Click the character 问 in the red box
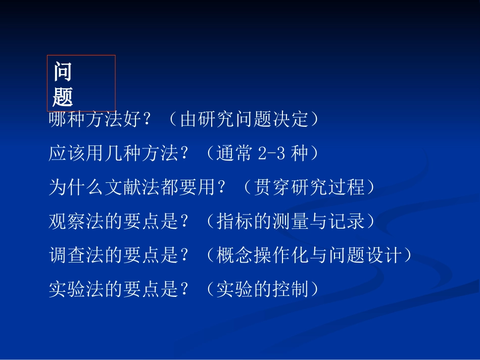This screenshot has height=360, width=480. tap(63, 72)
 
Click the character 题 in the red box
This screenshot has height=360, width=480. tap(63, 96)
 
